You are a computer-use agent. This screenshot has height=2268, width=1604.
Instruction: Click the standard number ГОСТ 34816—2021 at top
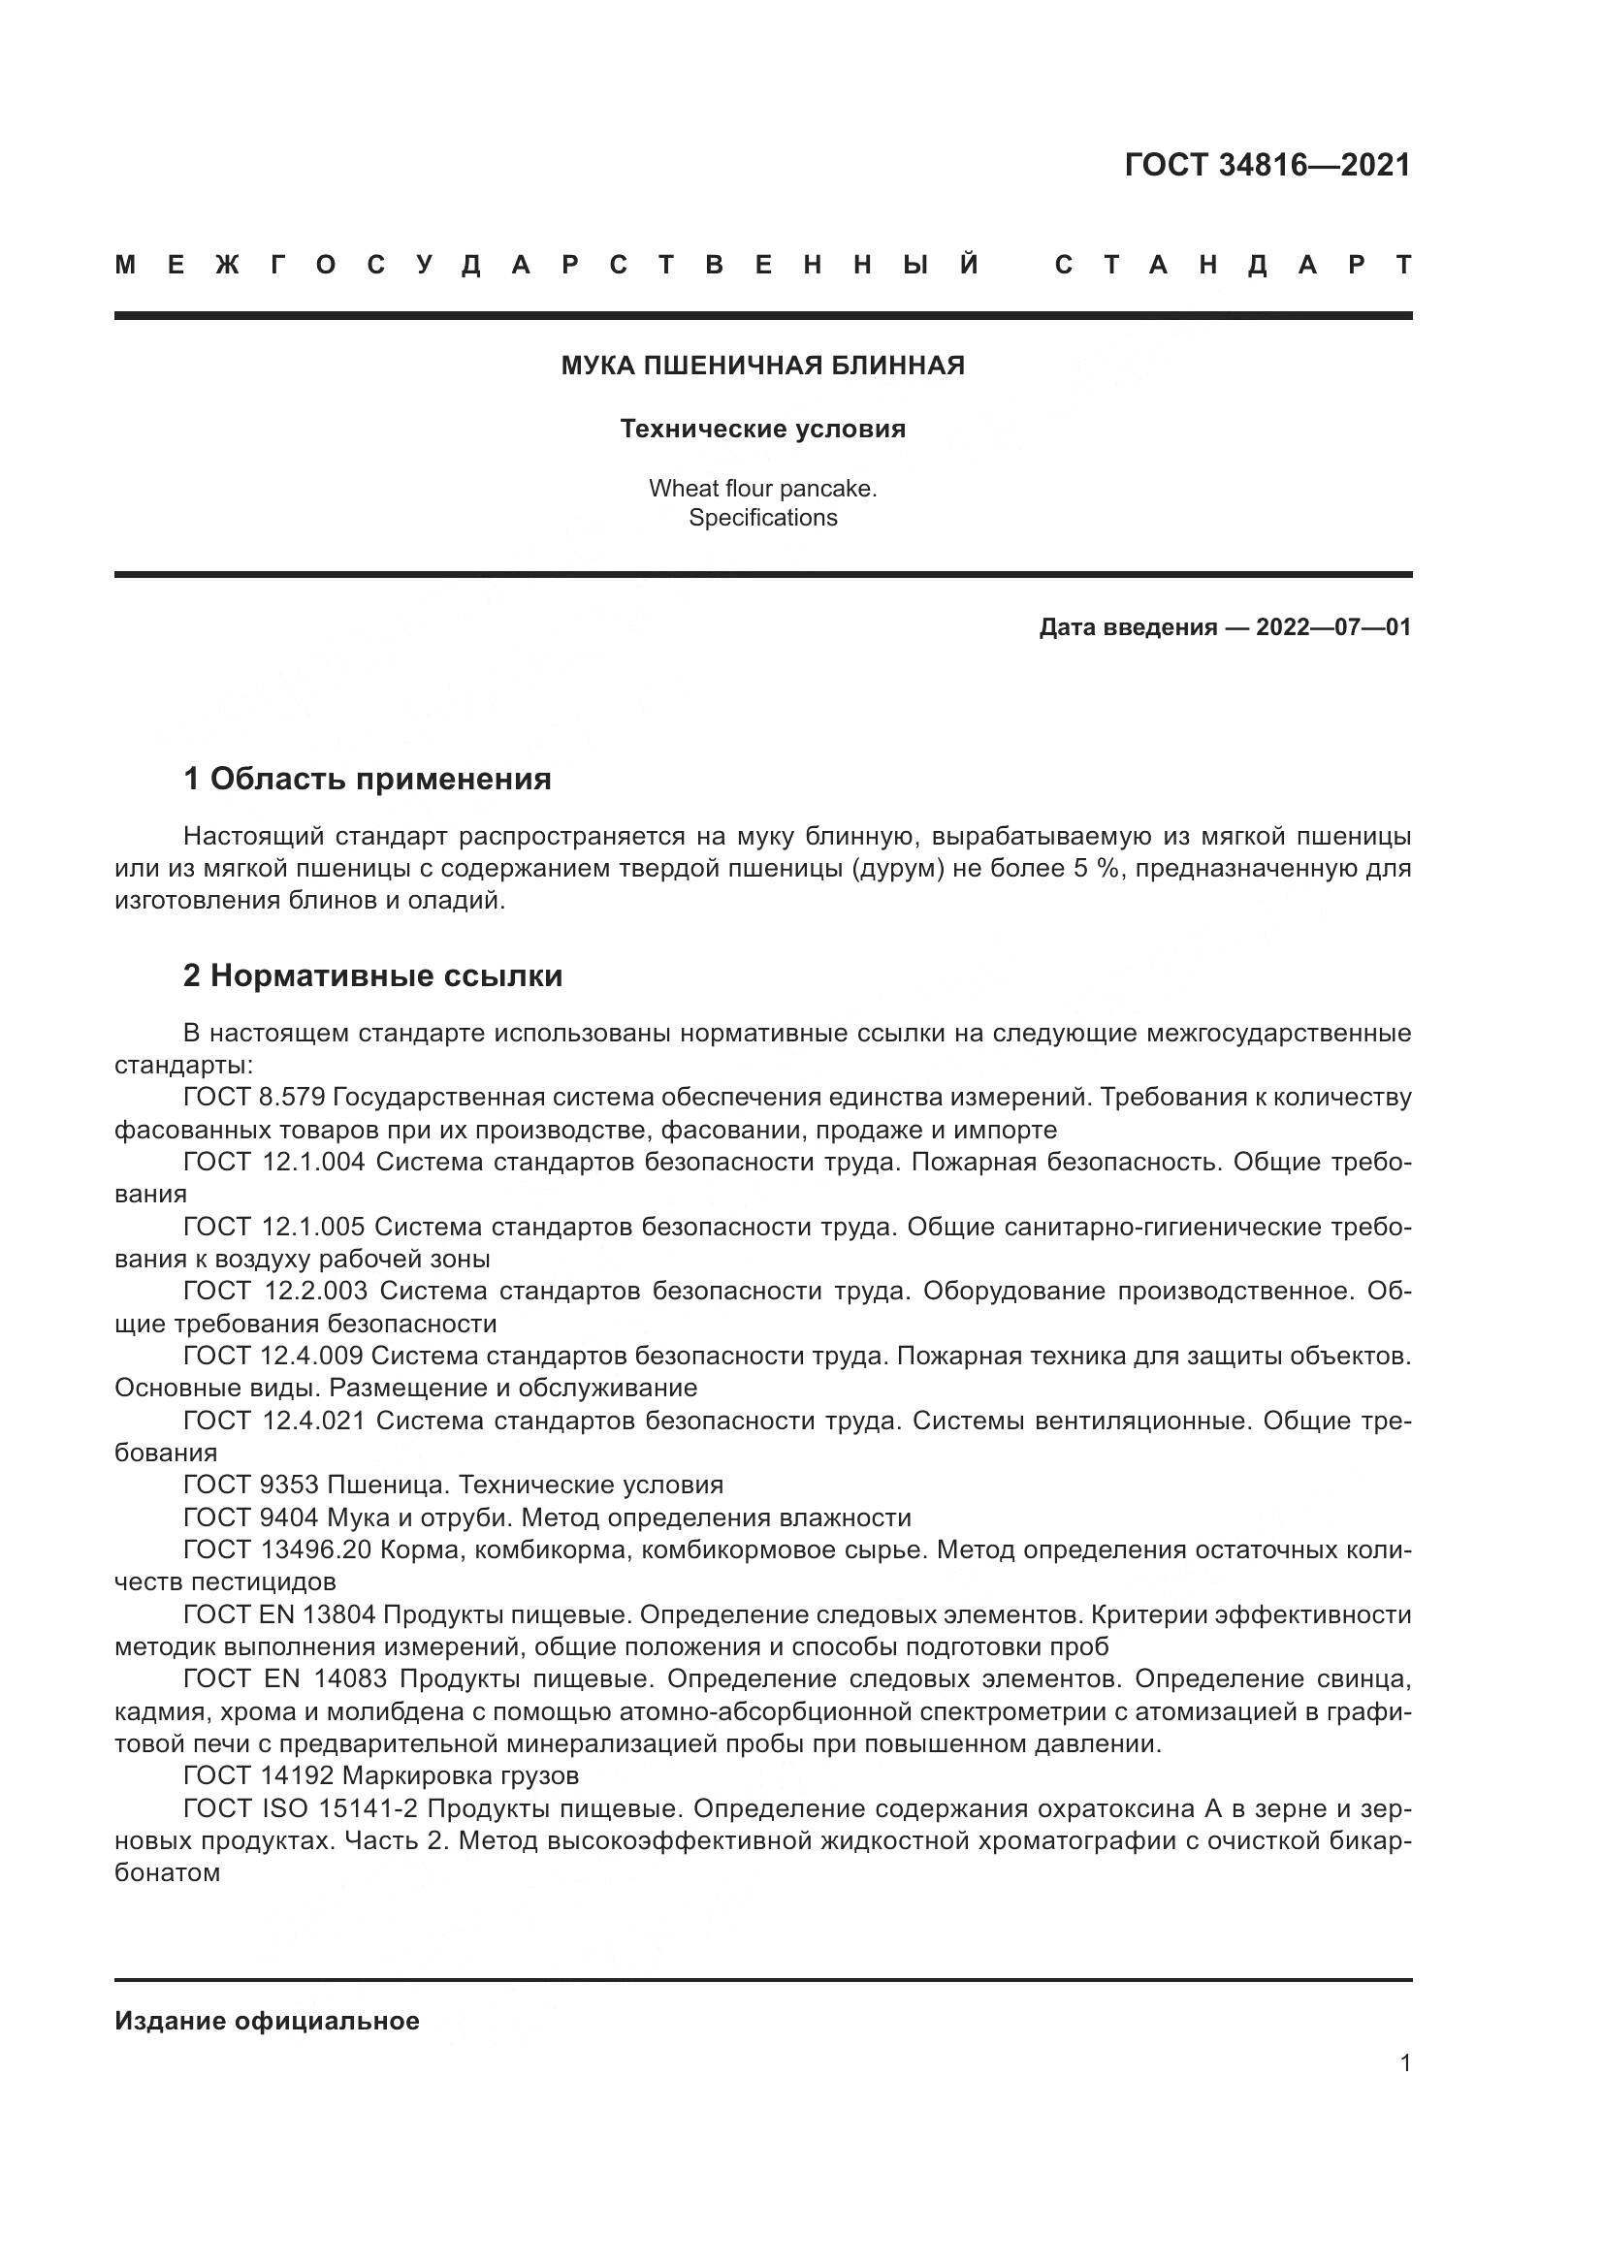(x=1267, y=165)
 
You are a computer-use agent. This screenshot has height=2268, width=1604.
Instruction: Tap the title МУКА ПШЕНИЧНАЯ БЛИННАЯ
(x=762, y=366)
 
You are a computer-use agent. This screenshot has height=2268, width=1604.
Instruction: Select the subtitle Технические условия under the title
(x=762, y=429)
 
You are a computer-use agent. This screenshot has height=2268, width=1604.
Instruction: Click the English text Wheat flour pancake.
(x=762, y=488)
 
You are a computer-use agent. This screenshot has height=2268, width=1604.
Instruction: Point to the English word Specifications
(x=762, y=518)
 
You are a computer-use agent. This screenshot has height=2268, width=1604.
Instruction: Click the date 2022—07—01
(x=1332, y=627)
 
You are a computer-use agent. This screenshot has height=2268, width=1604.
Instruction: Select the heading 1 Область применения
(x=368, y=780)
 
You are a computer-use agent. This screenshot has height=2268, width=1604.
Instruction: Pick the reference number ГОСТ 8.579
(x=254, y=1098)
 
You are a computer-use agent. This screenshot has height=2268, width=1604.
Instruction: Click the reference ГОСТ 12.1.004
(x=273, y=1162)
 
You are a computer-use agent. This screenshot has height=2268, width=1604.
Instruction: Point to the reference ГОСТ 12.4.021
(x=273, y=1421)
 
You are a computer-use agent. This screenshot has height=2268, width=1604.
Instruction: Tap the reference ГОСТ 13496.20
(x=276, y=1549)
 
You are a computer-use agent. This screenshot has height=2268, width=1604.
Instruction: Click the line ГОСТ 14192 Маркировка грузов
(x=380, y=1776)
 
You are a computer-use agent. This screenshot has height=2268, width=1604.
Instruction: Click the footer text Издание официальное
(x=267, y=2021)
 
